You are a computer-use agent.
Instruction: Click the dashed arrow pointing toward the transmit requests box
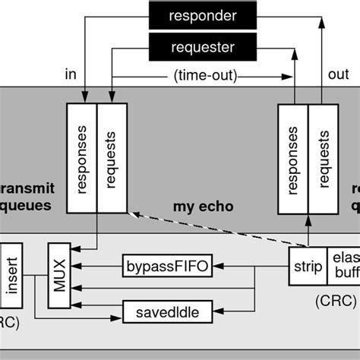(x=205, y=231)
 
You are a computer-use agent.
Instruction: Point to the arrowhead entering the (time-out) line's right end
(x=288, y=77)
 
